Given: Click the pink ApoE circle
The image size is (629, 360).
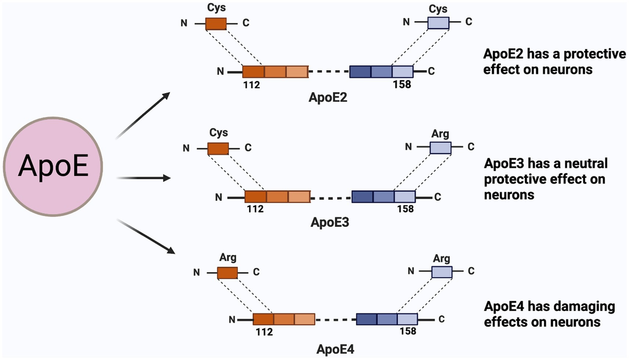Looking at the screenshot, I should point(53,167).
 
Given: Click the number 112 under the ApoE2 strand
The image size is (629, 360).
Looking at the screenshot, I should point(251,83).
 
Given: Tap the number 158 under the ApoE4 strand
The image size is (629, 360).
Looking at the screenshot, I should point(407,331).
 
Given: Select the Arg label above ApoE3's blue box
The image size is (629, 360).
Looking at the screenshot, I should point(440,134).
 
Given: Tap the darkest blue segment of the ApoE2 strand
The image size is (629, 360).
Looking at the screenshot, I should point(360,72).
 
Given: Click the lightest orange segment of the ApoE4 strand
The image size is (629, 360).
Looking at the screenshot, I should point(304,320).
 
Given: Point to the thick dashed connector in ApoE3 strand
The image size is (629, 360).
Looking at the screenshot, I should point(330,198).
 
